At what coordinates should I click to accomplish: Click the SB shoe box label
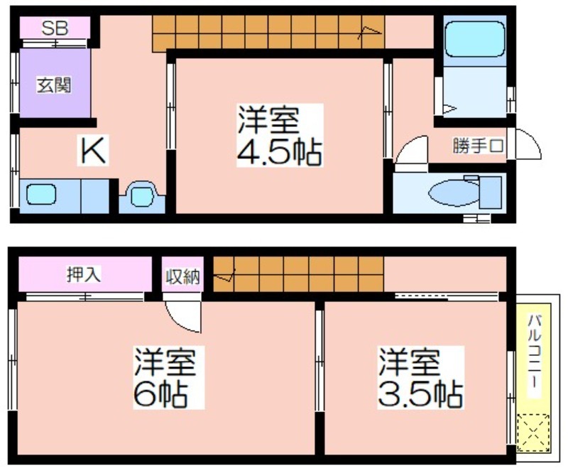[55, 28]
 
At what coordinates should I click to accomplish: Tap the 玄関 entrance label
[55, 85]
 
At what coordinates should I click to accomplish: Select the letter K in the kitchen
[93, 150]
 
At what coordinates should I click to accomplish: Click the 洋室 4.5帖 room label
[279, 135]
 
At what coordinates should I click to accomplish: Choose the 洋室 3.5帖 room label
[420, 377]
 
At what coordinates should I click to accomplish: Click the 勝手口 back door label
[478, 146]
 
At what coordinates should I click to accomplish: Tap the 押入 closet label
[84, 274]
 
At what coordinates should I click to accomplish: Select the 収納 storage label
[182, 276]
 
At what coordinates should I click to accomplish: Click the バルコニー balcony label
[535, 352]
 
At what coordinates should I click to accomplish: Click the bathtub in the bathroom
[474, 38]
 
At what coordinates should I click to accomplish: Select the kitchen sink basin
[41, 194]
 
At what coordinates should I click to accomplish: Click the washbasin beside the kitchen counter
[141, 197]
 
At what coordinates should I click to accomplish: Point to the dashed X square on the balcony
[533, 433]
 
